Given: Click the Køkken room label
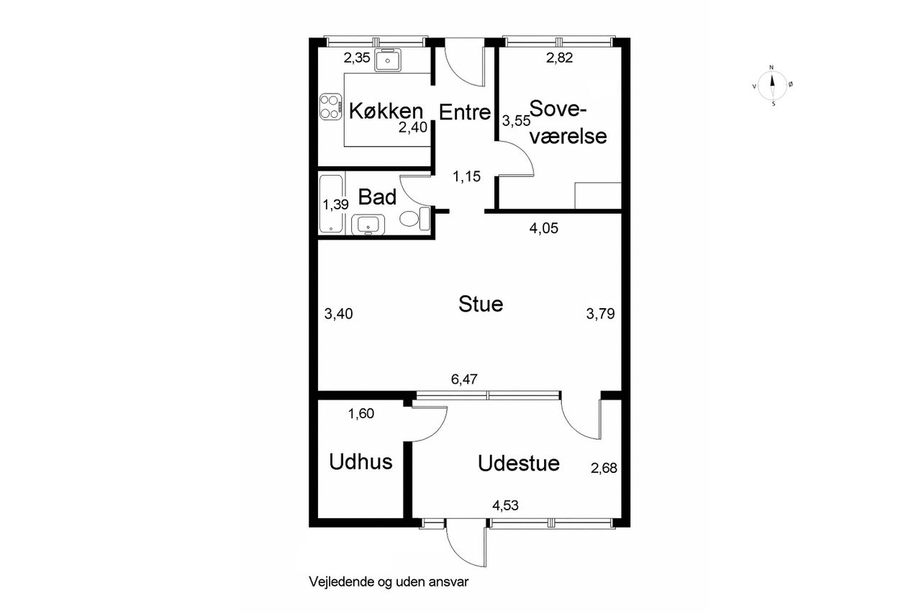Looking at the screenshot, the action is tap(386, 111).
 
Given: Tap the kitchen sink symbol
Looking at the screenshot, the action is tap(388, 60).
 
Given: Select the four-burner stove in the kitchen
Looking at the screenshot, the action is tap(331, 107).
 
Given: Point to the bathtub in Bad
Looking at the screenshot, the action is tap(331, 204).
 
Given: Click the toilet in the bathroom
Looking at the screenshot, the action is tap(414, 219).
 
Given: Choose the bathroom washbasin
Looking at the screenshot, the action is tap(368, 225).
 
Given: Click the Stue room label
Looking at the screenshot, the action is tap(481, 304).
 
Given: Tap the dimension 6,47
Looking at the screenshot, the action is tap(464, 379).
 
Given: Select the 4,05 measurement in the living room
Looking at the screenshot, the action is tap(543, 228).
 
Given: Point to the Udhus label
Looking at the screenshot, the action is tap(360, 461).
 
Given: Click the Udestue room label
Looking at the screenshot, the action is tap(519, 463).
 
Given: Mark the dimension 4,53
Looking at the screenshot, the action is tap(505, 505).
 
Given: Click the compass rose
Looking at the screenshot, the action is tap(773, 86).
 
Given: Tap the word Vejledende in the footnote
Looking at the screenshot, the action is tap(342, 582).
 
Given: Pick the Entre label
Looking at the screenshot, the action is tap(465, 112).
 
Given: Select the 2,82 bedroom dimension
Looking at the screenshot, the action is tap(559, 58).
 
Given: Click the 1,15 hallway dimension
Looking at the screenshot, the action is tap(467, 176).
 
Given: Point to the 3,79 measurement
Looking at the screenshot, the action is tap(600, 314).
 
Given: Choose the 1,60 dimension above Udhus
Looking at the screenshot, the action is tap(361, 413).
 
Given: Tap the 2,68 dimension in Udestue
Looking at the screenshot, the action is tap(604, 468).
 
